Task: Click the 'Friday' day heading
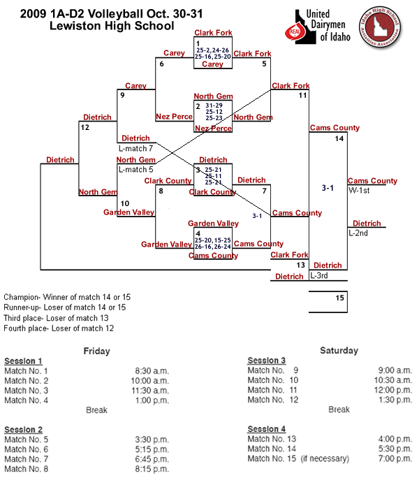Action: click(x=96, y=351)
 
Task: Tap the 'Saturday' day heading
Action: click(x=339, y=350)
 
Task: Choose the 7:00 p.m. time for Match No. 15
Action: click(x=395, y=458)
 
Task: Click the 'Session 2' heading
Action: click(x=24, y=429)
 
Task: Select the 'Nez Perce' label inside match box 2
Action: click(x=213, y=129)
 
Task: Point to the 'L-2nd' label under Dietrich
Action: click(x=358, y=232)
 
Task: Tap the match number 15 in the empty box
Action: click(x=339, y=298)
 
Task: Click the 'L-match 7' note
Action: click(x=135, y=147)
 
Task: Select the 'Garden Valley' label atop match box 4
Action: click(x=213, y=224)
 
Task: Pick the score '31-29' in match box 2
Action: click(x=215, y=105)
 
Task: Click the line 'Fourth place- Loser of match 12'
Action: click(x=59, y=328)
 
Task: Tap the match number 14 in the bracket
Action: click(x=339, y=139)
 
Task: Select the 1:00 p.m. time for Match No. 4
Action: click(x=152, y=400)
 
